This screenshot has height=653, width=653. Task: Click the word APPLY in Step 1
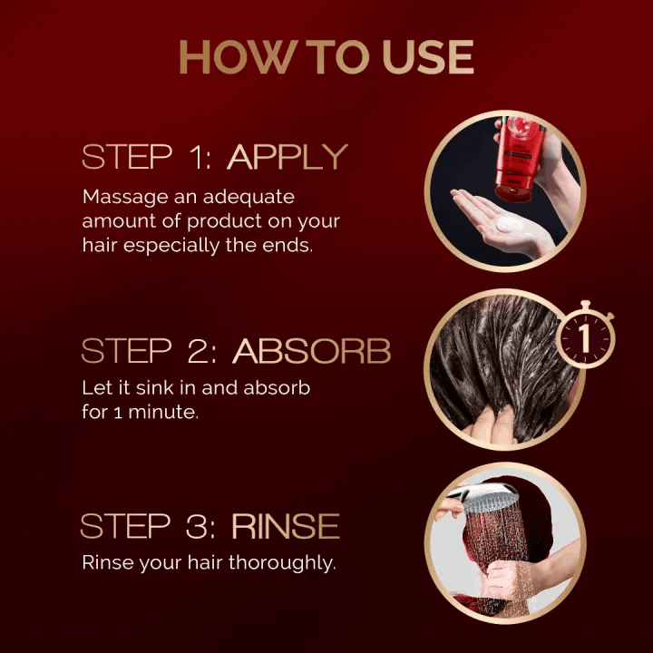[x=288, y=157]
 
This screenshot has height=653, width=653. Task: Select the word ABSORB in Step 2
[x=311, y=350]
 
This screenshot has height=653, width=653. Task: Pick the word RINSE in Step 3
[x=286, y=526]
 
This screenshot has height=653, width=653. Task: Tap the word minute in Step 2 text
[x=163, y=413]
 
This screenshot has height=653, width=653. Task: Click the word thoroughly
[x=282, y=563]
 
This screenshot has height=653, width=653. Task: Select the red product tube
[x=519, y=158]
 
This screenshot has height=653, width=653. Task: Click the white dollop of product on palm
[x=510, y=225]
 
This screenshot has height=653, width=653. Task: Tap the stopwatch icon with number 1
[x=585, y=336]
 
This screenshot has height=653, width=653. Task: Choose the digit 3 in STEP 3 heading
[x=195, y=526]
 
